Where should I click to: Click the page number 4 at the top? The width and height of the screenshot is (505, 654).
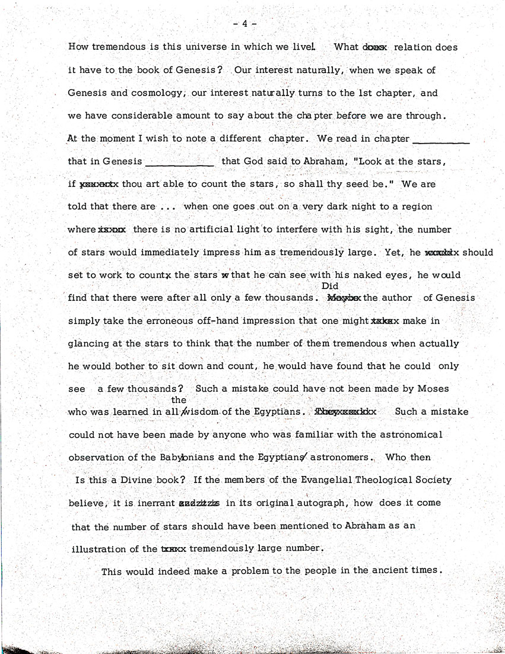pos(244,24)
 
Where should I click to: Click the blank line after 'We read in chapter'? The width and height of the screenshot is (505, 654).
pos(440,141)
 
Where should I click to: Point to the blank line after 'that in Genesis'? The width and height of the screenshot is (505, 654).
pos(179,164)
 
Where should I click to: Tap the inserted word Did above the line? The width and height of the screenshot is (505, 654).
pos(329,286)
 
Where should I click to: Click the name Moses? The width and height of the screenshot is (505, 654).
pos(433,389)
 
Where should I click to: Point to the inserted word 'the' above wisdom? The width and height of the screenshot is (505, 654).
pos(178,400)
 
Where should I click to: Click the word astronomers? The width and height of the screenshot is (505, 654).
pos(344,458)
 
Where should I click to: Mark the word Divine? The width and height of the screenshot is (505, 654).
pos(135,480)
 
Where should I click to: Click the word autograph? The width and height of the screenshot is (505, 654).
pos(317,503)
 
